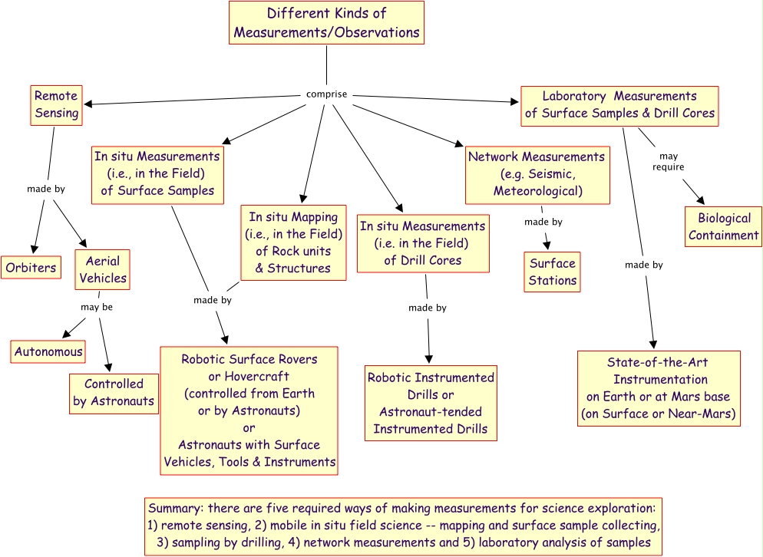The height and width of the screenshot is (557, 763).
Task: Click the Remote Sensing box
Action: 56,104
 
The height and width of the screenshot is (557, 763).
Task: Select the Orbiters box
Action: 31,269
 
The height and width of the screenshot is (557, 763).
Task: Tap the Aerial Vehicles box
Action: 102,269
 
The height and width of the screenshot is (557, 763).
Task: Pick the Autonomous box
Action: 48,352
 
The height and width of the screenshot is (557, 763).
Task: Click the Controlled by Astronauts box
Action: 113,392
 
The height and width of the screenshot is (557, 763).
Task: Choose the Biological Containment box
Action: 723,226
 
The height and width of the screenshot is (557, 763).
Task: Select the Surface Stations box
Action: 552,272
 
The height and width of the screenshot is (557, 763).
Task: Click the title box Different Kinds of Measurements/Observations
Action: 326,23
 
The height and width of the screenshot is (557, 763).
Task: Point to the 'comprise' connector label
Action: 327,94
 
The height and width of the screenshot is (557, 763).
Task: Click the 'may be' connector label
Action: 97,308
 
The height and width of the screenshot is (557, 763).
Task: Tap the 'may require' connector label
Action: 668,161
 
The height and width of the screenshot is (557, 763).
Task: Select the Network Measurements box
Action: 537,173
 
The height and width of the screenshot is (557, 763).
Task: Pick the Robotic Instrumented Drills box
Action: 431,403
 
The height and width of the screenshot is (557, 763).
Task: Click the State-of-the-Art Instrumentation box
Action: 658,388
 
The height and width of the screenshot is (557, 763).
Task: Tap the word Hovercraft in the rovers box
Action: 249,376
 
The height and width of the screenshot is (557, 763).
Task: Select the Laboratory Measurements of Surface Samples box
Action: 619,105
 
